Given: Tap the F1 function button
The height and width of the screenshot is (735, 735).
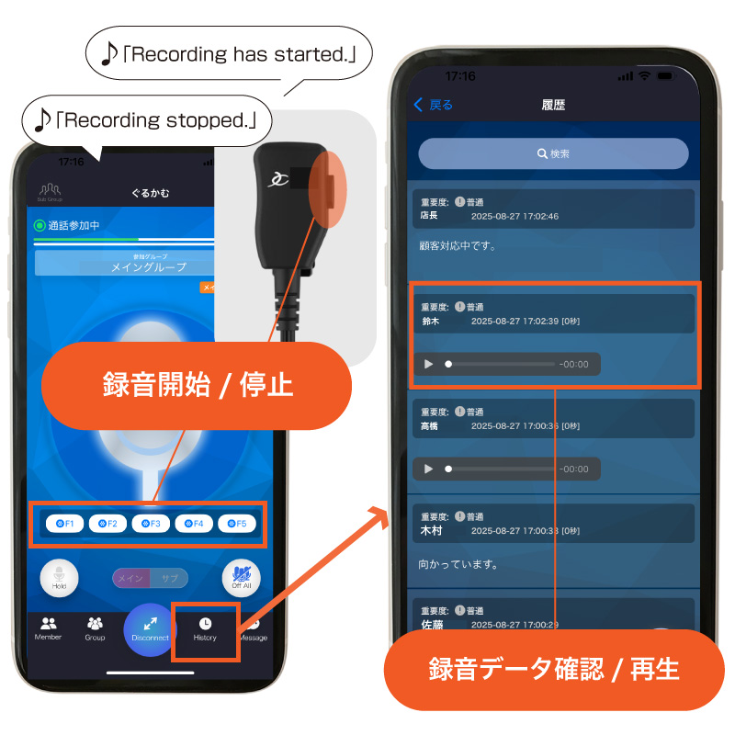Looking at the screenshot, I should pos(64,524).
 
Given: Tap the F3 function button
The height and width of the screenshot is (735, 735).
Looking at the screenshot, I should pos(151,524).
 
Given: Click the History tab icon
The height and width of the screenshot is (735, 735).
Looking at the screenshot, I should pos(205,624).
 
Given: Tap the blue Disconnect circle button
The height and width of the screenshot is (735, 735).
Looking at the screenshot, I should pos(150,629).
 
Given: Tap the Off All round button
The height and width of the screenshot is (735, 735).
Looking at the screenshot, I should pos(242,579).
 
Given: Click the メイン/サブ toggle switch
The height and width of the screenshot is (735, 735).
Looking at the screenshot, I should pos(150,578).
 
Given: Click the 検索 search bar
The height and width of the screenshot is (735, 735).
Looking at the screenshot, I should pos(553,153).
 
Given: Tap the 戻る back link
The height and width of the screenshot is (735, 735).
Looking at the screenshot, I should pos(434,105).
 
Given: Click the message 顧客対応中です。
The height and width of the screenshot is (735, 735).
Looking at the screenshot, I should pos(458,245).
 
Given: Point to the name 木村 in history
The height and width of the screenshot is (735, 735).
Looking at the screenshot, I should pos(430,531).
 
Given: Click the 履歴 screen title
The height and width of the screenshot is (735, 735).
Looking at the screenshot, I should pos(553,105).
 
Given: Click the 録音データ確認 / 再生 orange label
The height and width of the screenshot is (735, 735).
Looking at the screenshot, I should pos(553,669).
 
